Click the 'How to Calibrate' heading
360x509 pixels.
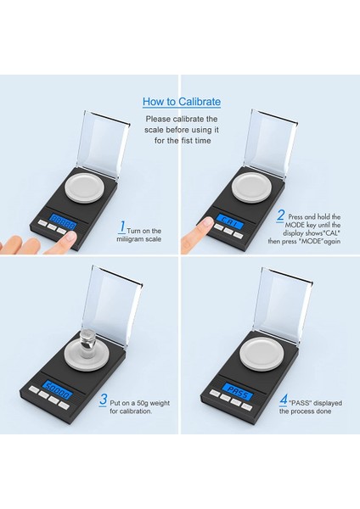(182, 102)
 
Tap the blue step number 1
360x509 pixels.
(122, 227)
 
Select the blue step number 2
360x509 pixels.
(280, 215)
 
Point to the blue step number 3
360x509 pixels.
(103, 399)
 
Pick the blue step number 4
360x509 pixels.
(284, 400)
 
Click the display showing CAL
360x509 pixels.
(231, 221)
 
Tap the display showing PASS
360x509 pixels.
(238, 391)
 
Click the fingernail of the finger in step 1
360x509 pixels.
(70, 237)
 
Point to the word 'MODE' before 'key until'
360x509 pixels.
(295, 225)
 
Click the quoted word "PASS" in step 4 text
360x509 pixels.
(295, 403)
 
